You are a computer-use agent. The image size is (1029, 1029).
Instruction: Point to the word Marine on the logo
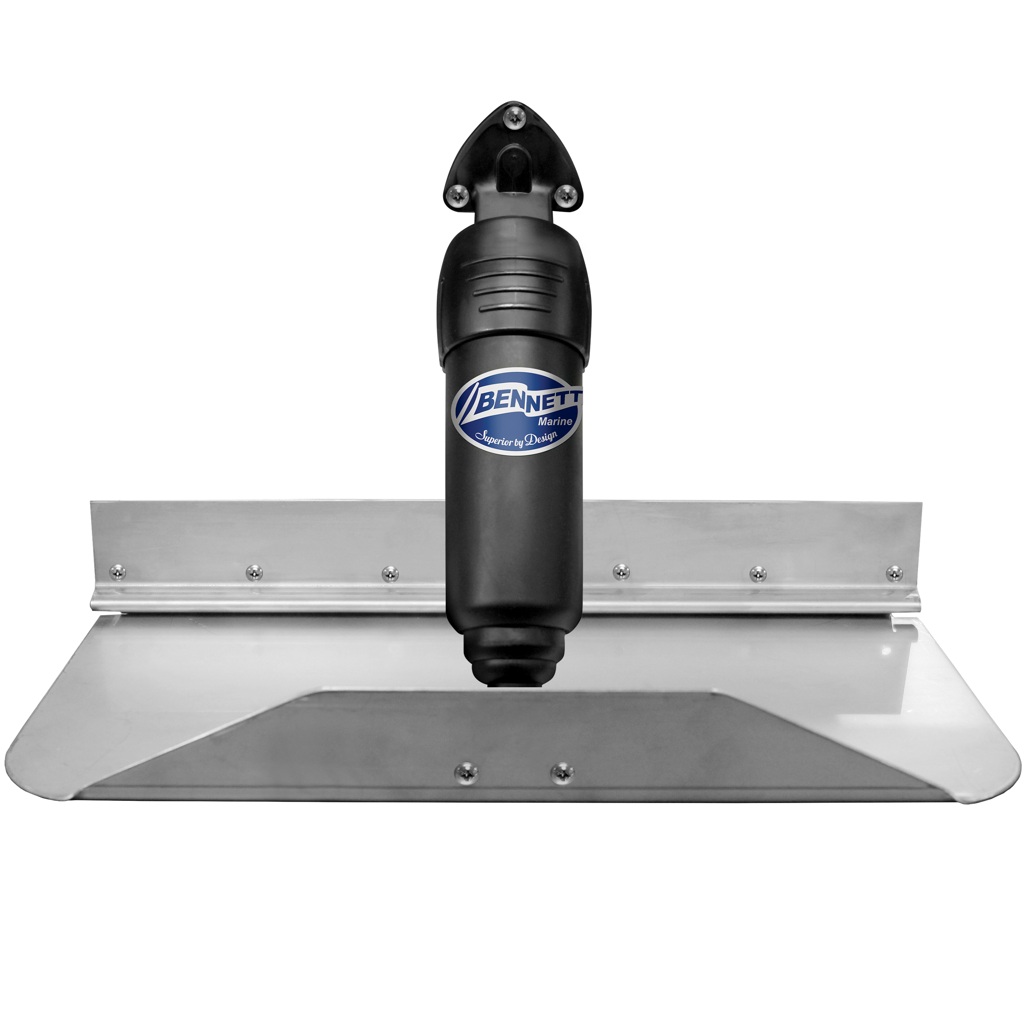coord(555,421)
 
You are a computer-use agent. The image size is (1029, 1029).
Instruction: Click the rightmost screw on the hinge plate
coord(894,574)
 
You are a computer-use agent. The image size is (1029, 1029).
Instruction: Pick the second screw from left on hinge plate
coord(254,572)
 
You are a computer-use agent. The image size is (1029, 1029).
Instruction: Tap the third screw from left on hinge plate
coord(391,574)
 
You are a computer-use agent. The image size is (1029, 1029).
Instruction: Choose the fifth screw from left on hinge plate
coord(758,574)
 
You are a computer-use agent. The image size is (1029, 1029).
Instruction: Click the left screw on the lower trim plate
coord(466,771)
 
